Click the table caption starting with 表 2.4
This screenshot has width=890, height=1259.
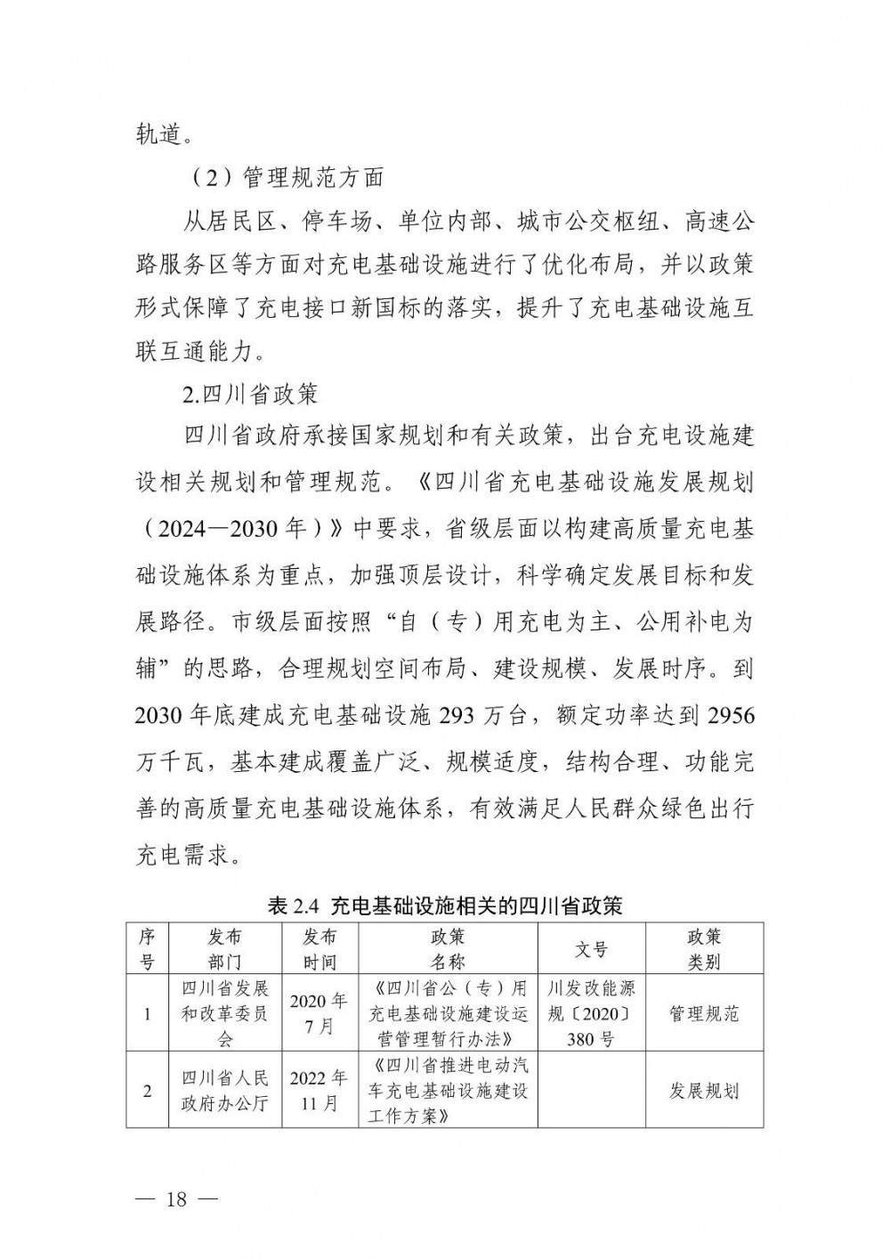point(444,906)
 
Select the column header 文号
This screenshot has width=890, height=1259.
point(591,949)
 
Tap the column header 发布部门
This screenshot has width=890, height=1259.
point(224,949)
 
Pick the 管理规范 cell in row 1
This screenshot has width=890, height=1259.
point(704,1013)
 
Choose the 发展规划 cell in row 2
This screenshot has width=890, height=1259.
point(704,1091)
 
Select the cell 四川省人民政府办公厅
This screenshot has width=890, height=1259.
point(224,1091)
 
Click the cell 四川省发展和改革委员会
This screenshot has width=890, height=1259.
point(224,1013)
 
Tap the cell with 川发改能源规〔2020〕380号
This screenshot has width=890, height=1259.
point(591,1013)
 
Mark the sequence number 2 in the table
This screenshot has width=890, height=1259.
point(148,1091)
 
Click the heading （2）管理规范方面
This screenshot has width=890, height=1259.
point(286,177)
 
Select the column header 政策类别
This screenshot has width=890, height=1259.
point(704,949)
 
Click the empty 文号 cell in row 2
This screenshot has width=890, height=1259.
point(591,1091)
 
